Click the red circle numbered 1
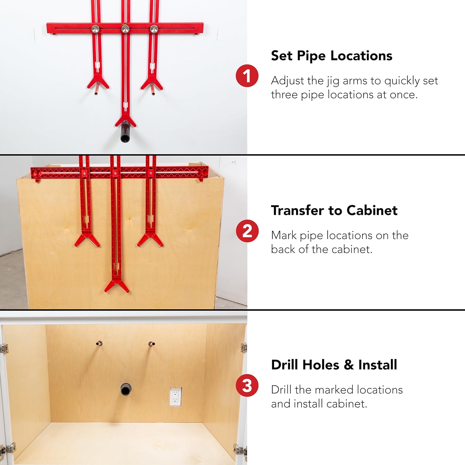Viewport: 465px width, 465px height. (x=247, y=76)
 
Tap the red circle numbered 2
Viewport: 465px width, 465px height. (x=247, y=231)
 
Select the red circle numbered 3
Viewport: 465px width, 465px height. (x=247, y=386)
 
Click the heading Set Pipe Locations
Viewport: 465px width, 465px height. (x=331, y=56)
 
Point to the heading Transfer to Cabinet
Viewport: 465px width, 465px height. (x=334, y=210)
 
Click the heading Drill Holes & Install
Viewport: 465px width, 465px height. (x=334, y=365)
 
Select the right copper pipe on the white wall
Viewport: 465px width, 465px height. (x=152, y=90)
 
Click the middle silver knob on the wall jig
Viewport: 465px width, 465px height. (x=125, y=29)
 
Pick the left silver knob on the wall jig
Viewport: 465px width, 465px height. (x=95, y=29)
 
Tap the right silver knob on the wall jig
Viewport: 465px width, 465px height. (x=154, y=29)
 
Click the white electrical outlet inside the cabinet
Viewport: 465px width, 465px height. (x=175, y=396)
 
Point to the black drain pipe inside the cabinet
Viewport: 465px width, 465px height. (x=126, y=389)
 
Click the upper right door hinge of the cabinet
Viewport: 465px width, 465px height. (x=244, y=347)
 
